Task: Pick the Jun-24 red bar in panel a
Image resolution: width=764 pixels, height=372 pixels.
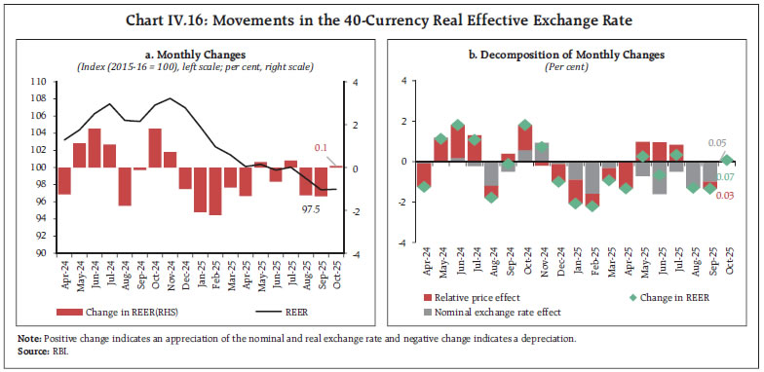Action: point(95,148)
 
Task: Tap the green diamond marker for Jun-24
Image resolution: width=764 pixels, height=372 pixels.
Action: point(457,126)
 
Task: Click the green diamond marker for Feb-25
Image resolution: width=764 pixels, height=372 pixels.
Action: point(592,205)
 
